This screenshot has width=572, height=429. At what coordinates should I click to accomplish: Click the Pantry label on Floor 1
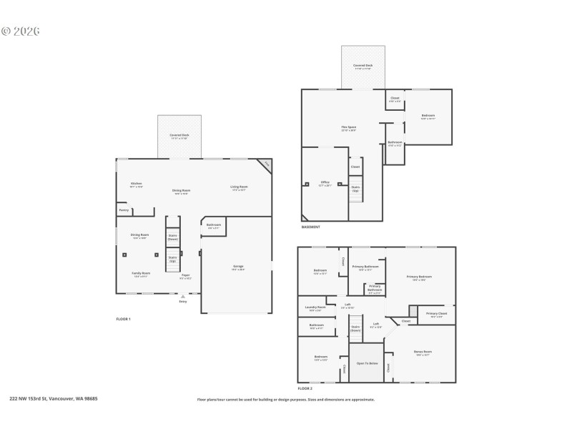point(124,210)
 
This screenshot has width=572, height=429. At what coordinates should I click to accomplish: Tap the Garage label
point(238,267)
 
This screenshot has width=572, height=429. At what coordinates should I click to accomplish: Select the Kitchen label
point(136,184)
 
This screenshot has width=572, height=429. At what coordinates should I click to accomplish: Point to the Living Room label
point(238,188)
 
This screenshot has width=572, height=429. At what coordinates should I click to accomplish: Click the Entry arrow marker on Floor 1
point(183,296)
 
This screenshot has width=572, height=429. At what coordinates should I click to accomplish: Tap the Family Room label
point(140,273)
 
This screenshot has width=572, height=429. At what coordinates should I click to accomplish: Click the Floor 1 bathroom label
point(213,225)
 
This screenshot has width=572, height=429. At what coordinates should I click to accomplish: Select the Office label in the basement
point(325,182)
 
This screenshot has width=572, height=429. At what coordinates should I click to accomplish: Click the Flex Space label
point(348,128)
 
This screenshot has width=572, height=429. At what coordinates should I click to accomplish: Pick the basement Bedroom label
point(428,117)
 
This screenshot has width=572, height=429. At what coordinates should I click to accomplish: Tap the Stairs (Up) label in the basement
point(355,188)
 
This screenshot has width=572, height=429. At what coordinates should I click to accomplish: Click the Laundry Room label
point(315,308)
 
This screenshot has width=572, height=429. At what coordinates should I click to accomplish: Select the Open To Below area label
point(366,363)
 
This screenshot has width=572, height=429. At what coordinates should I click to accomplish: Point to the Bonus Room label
point(422,352)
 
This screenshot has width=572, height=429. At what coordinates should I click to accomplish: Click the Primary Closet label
point(436,314)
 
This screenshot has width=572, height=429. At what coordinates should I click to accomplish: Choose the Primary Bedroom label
point(419,277)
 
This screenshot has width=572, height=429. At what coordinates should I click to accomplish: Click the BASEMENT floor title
point(310,227)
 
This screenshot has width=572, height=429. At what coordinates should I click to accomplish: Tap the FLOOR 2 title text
point(305,387)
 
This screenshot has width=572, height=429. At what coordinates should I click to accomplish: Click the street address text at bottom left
point(54,399)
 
